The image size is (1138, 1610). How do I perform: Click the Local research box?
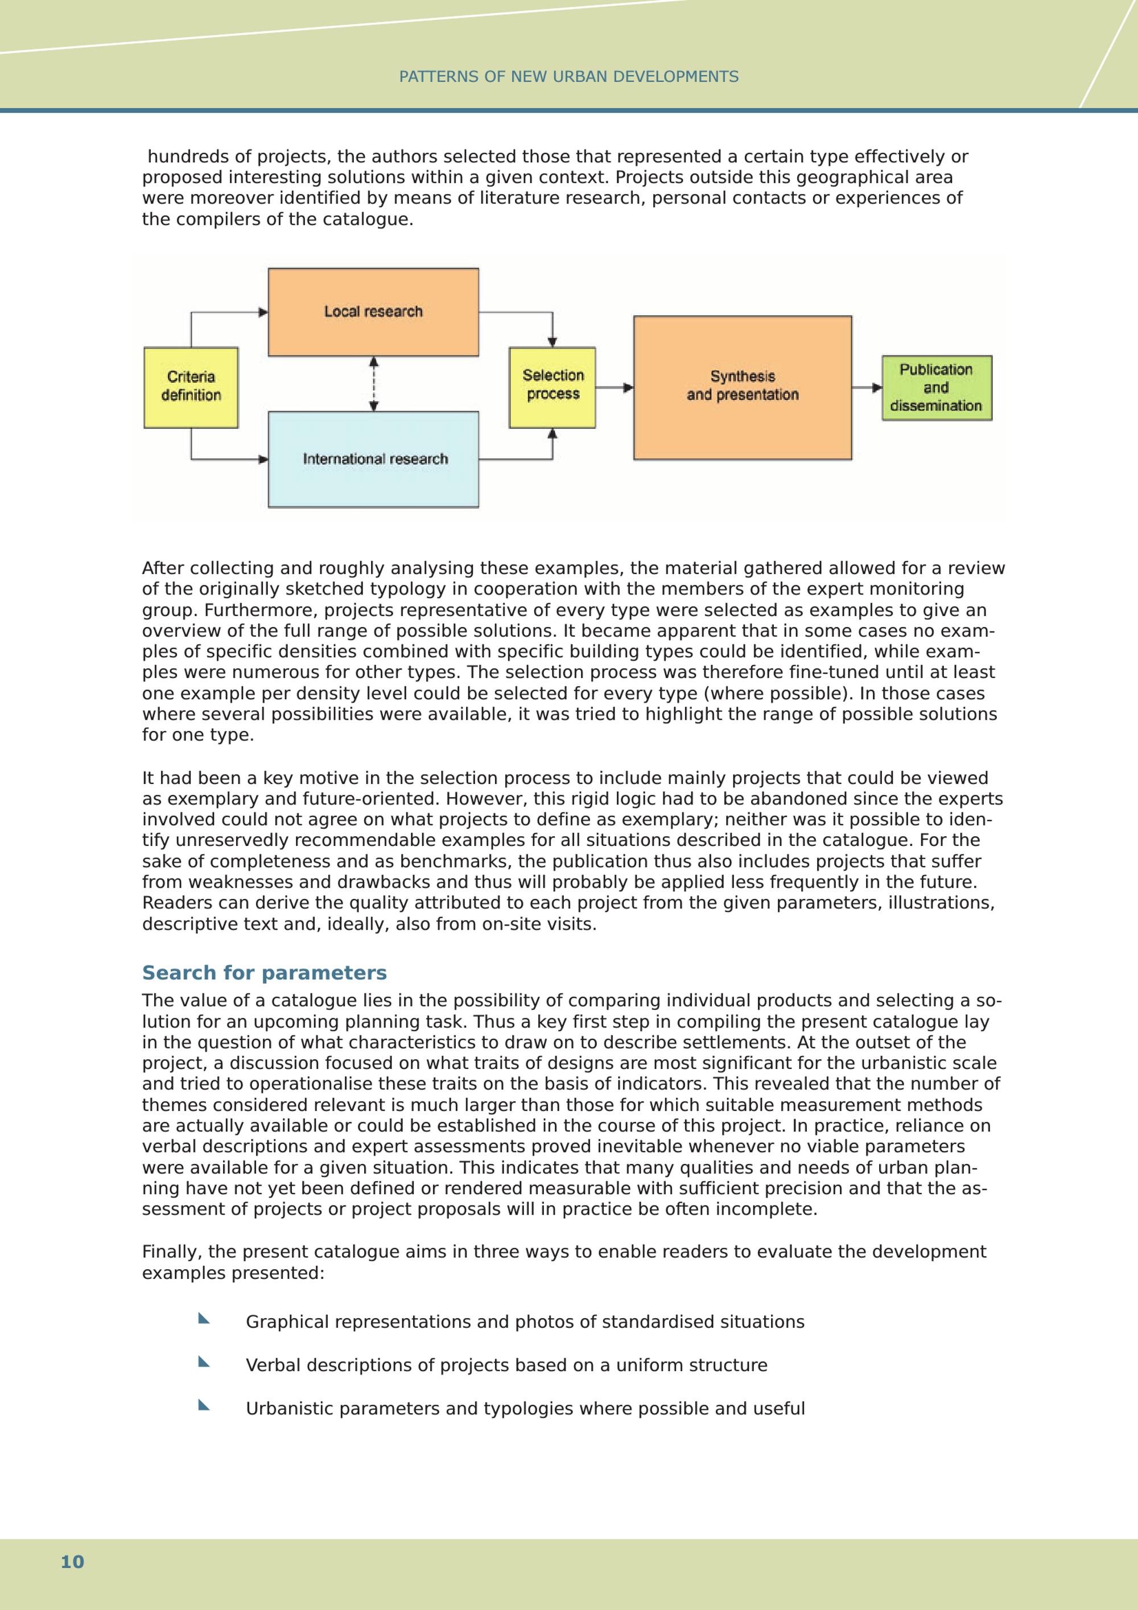click(x=373, y=312)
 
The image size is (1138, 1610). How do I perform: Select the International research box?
click(x=373, y=459)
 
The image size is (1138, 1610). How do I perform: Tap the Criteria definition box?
click(x=191, y=387)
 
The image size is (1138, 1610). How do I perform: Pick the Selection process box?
click(x=552, y=387)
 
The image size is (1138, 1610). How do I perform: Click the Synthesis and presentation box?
click(x=743, y=387)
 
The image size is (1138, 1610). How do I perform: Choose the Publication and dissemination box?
click(x=936, y=388)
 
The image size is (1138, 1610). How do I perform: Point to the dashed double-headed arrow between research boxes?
click(x=374, y=383)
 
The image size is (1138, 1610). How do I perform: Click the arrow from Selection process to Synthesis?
click(x=614, y=387)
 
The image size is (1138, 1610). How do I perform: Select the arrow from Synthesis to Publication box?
click(x=867, y=387)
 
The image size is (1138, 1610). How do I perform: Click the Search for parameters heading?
click(x=265, y=973)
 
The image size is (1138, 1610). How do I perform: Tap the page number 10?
click(x=72, y=1562)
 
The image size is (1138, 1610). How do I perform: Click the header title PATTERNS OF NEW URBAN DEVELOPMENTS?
click(x=568, y=76)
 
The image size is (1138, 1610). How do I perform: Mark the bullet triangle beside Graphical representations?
click(x=203, y=1318)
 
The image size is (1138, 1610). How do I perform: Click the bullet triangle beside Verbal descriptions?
click(x=203, y=1362)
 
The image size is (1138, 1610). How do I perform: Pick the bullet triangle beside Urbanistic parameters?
click(x=203, y=1405)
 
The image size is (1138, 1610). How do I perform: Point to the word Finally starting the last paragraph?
click(x=172, y=1252)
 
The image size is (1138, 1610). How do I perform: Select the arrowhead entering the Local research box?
click(x=263, y=312)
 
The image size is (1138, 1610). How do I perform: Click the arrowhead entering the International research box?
click(x=263, y=459)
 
